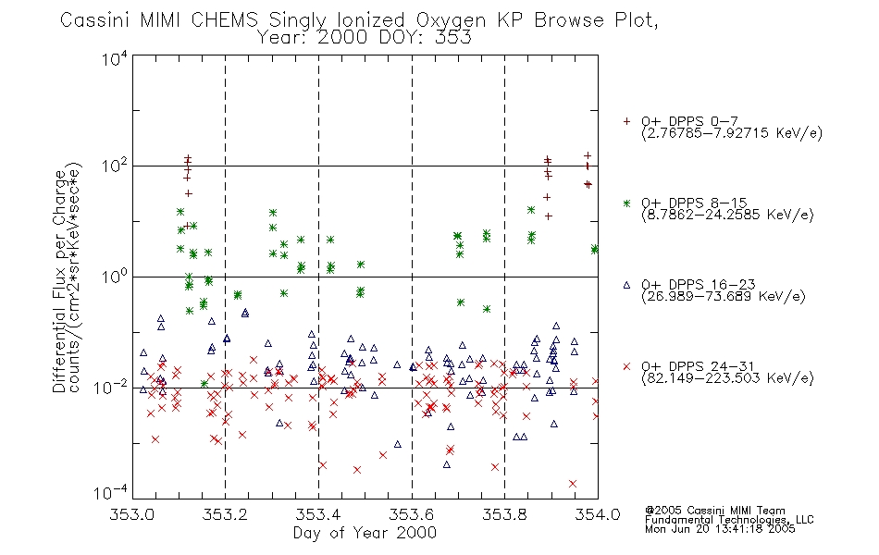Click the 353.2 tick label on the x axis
225,514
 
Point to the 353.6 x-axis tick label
412,514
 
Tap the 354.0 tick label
598,514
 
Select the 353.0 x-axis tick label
131,514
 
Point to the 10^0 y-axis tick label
115,276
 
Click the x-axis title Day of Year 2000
365,533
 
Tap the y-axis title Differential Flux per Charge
59,281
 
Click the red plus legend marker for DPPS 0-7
626,121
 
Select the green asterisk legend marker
626,203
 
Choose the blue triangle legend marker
626,285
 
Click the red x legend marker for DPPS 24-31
626,366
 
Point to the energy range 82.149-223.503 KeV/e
727,377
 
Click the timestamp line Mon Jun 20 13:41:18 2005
720,529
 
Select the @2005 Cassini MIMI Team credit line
714,511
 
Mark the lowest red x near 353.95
573,483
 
